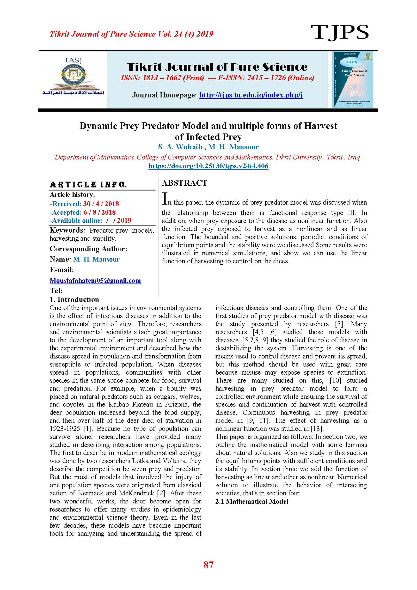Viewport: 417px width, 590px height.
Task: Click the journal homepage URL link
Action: [x=251, y=95]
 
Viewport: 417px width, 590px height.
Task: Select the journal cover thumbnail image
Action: [x=352, y=79]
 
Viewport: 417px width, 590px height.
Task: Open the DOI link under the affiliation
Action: [x=208, y=166]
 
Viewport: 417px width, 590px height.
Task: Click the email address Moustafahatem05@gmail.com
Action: [x=95, y=281]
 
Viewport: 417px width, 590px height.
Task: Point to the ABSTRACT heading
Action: [x=185, y=183]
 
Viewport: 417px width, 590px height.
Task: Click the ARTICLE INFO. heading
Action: [x=88, y=185]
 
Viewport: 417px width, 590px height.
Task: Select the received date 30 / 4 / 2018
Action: [x=101, y=204]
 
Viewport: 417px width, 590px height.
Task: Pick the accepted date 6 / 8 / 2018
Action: [x=100, y=212]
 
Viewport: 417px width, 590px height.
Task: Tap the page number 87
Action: [x=208, y=564]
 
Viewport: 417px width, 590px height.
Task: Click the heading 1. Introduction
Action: [x=74, y=299]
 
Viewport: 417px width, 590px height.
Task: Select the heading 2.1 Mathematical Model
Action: [x=252, y=501]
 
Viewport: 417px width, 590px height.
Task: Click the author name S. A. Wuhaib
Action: [x=180, y=147]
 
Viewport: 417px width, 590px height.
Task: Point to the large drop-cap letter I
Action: [x=164, y=199]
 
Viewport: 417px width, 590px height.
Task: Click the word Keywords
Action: [x=67, y=230]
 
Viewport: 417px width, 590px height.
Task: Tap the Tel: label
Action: [x=56, y=290]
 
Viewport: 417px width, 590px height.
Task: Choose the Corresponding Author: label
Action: [x=88, y=249]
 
